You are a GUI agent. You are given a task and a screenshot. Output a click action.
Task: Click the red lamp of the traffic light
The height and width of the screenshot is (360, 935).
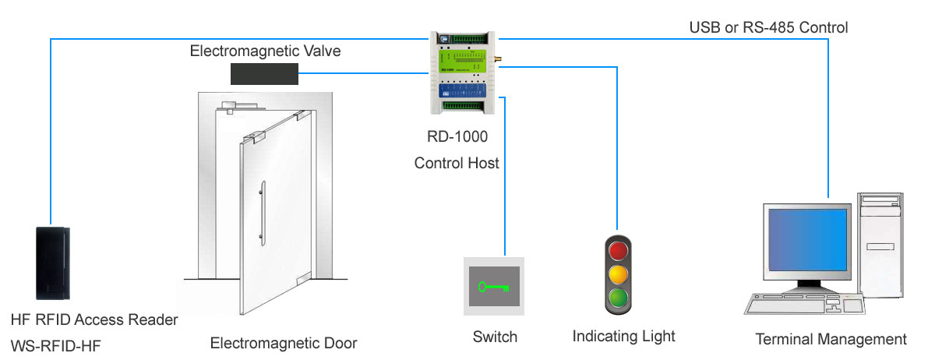(x=618, y=251)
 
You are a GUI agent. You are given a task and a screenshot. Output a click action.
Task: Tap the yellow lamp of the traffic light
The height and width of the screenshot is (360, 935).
(x=618, y=274)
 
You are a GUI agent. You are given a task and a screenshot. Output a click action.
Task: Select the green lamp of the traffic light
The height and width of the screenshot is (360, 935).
(x=618, y=297)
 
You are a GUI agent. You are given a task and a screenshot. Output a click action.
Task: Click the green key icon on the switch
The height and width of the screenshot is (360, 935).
(x=494, y=286)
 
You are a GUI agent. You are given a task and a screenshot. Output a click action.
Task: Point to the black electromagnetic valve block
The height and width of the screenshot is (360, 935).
(x=265, y=74)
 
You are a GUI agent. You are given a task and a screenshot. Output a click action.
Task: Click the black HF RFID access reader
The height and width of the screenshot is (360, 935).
(x=53, y=263)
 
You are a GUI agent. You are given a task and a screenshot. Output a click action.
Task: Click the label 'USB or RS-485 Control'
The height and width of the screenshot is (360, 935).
(x=768, y=28)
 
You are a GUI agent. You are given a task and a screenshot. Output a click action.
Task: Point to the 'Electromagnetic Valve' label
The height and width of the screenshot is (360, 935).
(x=266, y=51)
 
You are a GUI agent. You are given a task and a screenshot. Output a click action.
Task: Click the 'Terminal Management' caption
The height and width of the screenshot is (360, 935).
(x=831, y=339)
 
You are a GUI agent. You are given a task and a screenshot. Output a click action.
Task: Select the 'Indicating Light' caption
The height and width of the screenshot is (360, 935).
(x=623, y=337)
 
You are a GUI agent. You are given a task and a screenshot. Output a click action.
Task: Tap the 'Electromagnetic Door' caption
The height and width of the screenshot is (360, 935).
(x=284, y=343)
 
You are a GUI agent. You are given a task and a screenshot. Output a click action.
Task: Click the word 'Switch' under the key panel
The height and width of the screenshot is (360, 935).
(x=495, y=337)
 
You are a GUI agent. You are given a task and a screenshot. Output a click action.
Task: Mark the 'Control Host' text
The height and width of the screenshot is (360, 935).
(x=457, y=164)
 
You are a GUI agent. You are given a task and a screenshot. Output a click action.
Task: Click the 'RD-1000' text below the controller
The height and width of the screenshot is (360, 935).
(x=457, y=138)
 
